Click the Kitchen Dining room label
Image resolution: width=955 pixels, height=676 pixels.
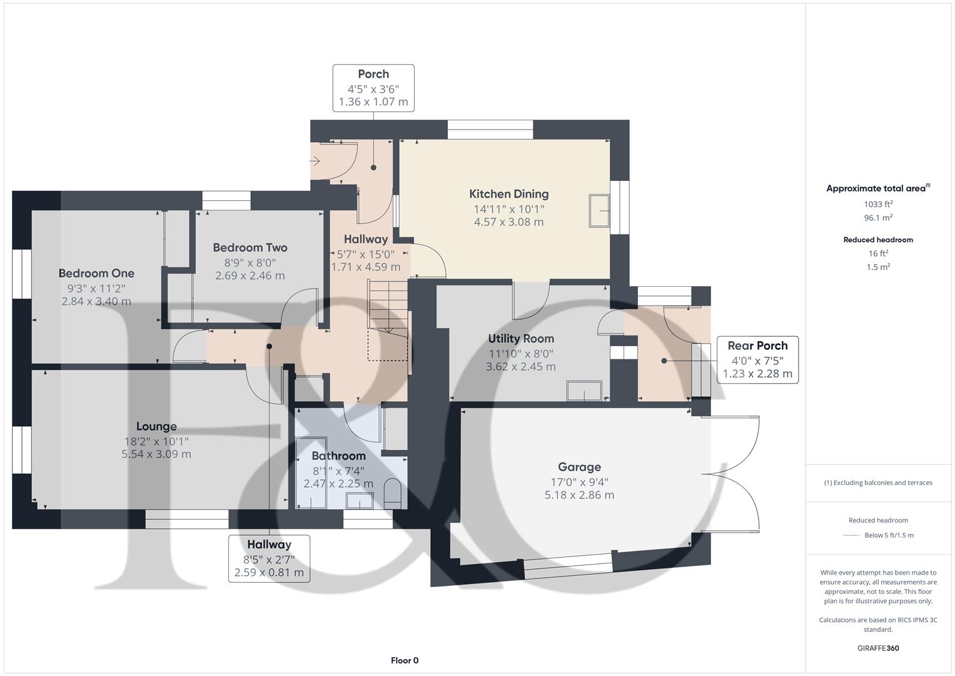(x=508, y=194)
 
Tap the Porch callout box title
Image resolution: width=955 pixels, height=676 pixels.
(x=373, y=74)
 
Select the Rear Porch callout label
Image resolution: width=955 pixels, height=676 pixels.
(x=757, y=346)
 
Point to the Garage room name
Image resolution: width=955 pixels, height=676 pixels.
(x=579, y=467)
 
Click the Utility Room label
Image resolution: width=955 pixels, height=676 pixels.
(x=521, y=339)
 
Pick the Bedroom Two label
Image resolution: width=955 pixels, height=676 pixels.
(x=250, y=247)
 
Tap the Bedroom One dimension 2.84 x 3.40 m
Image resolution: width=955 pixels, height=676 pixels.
(x=96, y=301)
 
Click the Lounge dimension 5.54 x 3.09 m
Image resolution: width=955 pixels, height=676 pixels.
(x=156, y=454)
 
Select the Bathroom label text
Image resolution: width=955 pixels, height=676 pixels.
(x=338, y=456)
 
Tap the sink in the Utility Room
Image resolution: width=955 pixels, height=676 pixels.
(x=584, y=391)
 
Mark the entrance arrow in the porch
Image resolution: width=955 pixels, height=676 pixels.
(x=315, y=161)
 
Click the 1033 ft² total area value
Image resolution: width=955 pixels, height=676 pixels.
(x=878, y=204)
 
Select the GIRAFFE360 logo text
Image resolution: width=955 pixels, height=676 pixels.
(x=878, y=648)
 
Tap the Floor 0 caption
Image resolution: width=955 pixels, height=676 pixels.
(x=405, y=660)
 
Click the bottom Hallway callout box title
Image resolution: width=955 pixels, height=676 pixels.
(x=269, y=545)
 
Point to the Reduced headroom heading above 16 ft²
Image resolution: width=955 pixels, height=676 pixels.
(x=878, y=240)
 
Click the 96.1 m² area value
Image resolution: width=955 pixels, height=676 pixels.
(x=878, y=218)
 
